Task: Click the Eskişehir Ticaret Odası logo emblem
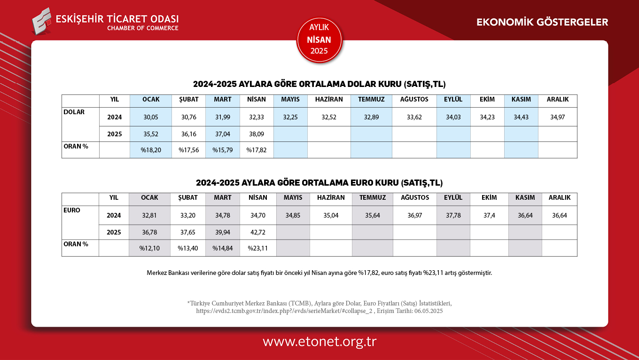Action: (x=42, y=21)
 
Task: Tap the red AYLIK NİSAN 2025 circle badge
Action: (x=319, y=40)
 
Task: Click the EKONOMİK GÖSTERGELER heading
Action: (x=542, y=22)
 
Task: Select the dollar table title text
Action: (x=319, y=85)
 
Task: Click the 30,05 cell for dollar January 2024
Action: (x=151, y=117)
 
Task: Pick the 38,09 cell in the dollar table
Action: (x=256, y=134)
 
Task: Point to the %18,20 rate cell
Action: (x=151, y=150)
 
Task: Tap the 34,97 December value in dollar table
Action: (x=557, y=117)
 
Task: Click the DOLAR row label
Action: (x=74, y=112)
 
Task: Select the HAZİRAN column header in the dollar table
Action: (x=329, y=100)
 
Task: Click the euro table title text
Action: (x=319, y=183)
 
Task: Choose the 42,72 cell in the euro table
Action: (x=257, y=232)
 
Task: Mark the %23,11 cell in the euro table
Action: (x=257, y=248)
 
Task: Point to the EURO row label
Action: (x=72, y=211)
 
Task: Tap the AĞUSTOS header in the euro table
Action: (x=415, y=198)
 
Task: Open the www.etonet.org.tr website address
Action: (x=319, y=342)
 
